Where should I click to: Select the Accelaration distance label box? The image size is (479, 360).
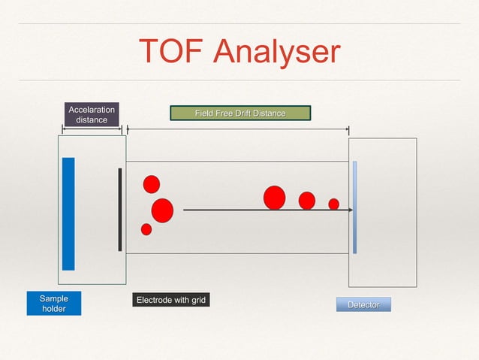pyautogui.click(x=92, y=114)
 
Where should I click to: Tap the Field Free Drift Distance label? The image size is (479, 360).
pyautogui.click(x=240, y=113)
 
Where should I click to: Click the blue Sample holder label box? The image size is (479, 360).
pyautogui.click(x=53, y=304)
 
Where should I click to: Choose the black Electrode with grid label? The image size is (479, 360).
pyautogui.click(x=170, y=301)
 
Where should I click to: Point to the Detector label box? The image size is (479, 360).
pyautogui.click(x=363, y=304)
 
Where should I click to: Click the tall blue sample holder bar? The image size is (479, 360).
pyautogui.click(x=68, y=213)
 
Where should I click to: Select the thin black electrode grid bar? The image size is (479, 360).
pyautogui.click(x=120, y=210)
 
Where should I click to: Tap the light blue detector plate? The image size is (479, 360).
pyautogui.click(x=354, y=207)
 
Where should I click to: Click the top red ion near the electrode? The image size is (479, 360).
pyautogui.click(x=152, y=184)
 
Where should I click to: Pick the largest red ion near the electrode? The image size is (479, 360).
pyautogui.click(x=162, y=210)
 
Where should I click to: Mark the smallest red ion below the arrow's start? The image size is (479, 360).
pyautogui.click(x=146, y=229)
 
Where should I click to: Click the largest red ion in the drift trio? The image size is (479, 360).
pyautogui.click(x=275, y=198)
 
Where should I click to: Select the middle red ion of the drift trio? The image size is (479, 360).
pyautogui.click(x=307, y=201)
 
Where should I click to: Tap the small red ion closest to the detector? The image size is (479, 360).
pyautogui.click(x=334, y=204)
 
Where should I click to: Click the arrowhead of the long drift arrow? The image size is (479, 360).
pyautogui.click(x=349, y=210)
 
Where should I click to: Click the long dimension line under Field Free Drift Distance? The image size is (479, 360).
pyautogui.click(x=238, y=129)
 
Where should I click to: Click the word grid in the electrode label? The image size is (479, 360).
pyautogui.click(x=198, y=301)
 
